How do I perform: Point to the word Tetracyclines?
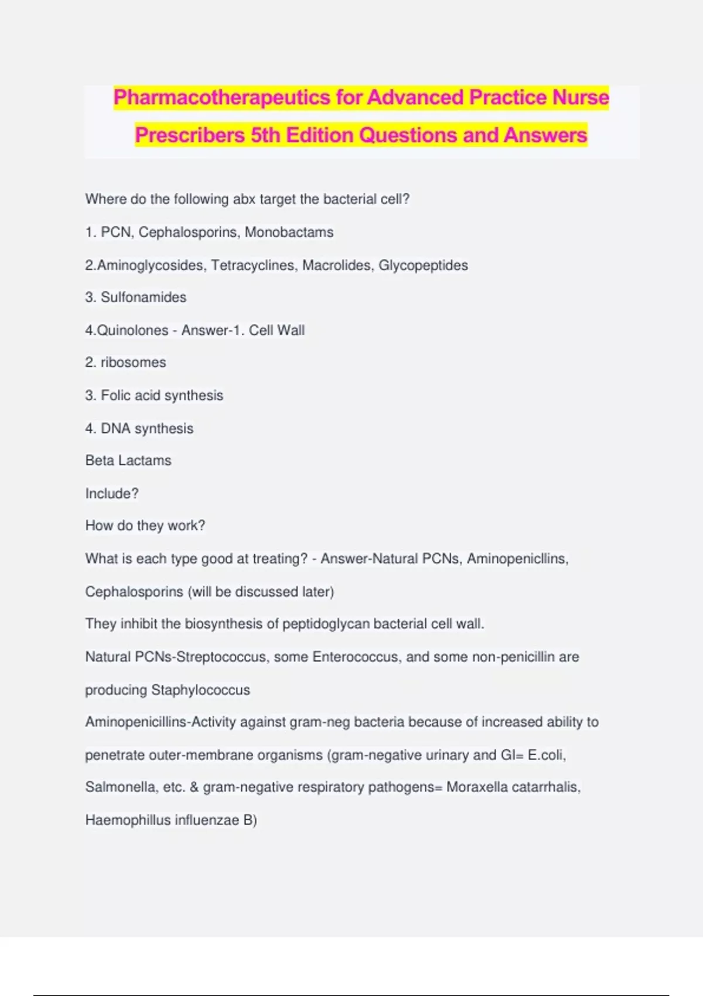pos(253,265)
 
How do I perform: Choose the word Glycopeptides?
pos(423,265)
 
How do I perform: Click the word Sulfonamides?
pos(144,298)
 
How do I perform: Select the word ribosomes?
pos(133,363)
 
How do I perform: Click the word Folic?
pos(115,395)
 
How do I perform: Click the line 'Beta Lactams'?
pos(128,461)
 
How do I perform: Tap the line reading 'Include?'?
pos(112,493)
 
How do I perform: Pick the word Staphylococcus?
pos(200,690)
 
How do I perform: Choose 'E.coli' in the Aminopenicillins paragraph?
pos(546,755)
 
